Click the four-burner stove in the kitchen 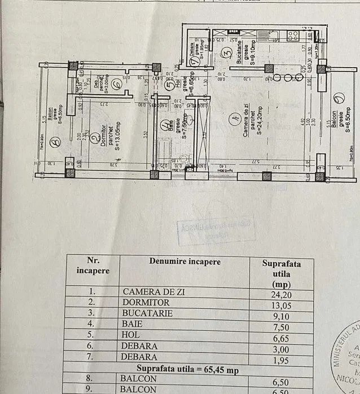coord(293,36)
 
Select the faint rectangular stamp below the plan coord(208,231)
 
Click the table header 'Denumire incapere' coord(185,262)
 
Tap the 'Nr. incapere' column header coord(92,265)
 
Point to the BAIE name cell coord(133,325)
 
